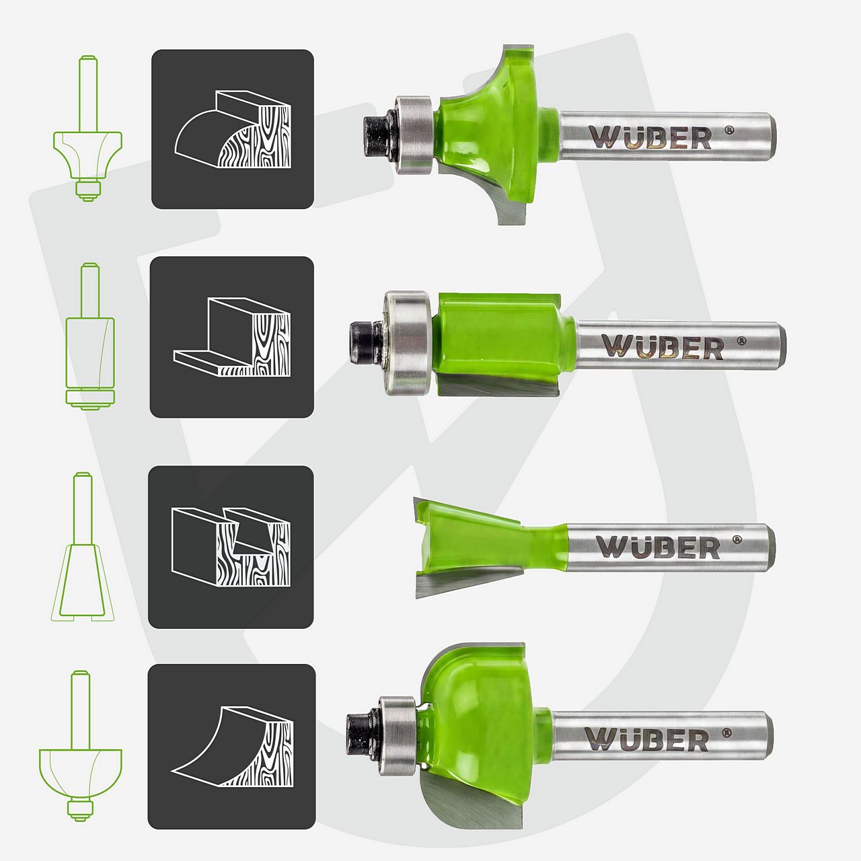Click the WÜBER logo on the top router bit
(x=650, y=138)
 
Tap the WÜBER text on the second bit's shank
(x=662, y=346)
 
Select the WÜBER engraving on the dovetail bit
(x=658, y=546)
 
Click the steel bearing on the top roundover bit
(x=414, y=134)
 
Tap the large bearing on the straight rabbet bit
(x=408, y=342)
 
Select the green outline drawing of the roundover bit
(x=87, y=128)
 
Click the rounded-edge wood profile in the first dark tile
(x=232, y=129)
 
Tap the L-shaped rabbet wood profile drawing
(x=232, y=338)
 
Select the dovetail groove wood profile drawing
(x=231, y=547)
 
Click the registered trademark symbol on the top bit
(x=730, y=130)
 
